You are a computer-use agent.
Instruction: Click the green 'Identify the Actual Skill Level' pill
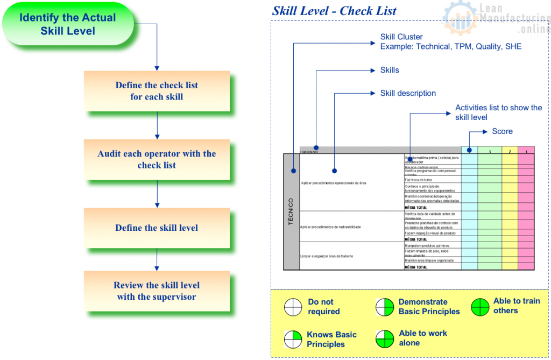[x=68, y=24]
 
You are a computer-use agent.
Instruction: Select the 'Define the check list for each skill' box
[x=157, y=91]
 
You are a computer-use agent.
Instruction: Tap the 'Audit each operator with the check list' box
[x=157, y=159]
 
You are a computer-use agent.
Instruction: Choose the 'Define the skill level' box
[x=157, y=228]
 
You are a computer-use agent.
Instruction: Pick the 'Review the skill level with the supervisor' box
[x=157, y=291]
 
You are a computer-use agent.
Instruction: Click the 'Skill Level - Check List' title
[x=334, y=11]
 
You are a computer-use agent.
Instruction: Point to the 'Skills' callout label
[x=390, y=70]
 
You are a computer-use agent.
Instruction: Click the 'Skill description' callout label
[x=408, y=93]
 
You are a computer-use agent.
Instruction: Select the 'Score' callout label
[x=502, y=131]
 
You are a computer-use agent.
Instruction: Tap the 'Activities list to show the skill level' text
[x=498, y=112]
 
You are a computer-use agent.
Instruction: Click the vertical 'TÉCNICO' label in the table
[x=291, y=211]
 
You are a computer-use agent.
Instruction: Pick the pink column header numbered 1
[x=526, y=151]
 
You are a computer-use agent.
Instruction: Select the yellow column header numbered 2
[x=510, y=151]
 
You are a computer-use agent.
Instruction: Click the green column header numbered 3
[x=490, y=151]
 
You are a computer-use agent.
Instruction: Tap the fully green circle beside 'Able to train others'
[x=480, y=307]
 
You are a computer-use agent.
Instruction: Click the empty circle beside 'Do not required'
[x=293, y=307]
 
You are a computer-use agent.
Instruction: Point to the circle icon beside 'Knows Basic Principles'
[x=293, y=340]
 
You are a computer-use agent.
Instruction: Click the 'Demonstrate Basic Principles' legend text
[x=429, y=307]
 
